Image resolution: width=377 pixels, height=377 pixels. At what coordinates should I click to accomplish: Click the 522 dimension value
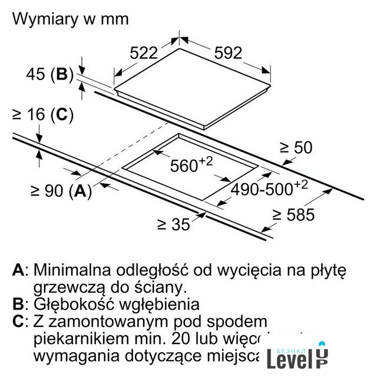(144, 53)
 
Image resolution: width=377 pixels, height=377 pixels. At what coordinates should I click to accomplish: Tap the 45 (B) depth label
(49, 75)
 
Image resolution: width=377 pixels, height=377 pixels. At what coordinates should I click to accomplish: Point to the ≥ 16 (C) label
(42, 115)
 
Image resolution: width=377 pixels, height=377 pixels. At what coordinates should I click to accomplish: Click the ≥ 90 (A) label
(61, 190)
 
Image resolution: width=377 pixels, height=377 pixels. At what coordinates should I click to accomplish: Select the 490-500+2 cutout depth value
(269, 189)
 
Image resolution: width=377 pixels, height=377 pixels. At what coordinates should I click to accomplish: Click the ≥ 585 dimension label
(292, 215)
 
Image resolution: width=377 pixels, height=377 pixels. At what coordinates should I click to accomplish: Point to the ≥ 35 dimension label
(174, 224)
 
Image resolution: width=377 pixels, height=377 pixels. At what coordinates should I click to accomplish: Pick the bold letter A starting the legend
(19, 270)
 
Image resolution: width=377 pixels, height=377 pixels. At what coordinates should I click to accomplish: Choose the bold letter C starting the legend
(18, 322)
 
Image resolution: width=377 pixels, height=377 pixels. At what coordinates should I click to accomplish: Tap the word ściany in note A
(161, 287)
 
